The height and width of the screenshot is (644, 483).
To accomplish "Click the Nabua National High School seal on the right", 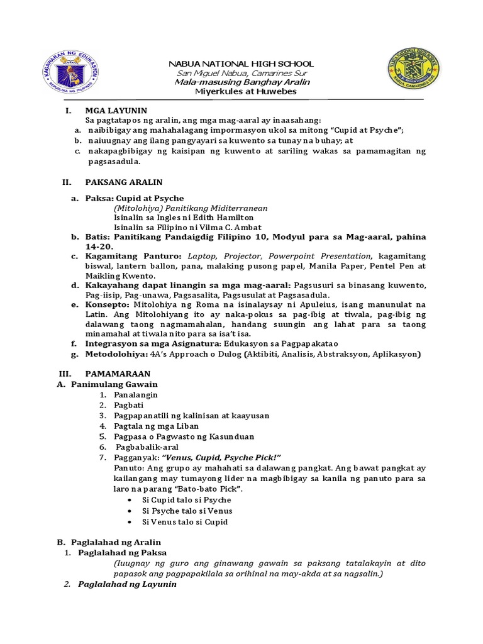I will coord(413,72).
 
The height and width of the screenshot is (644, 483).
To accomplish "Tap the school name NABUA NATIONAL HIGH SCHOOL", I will coord(239,64).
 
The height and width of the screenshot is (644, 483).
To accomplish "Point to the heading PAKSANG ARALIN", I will coord(124,182).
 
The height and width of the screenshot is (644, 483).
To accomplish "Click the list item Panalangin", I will coord(136,394).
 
